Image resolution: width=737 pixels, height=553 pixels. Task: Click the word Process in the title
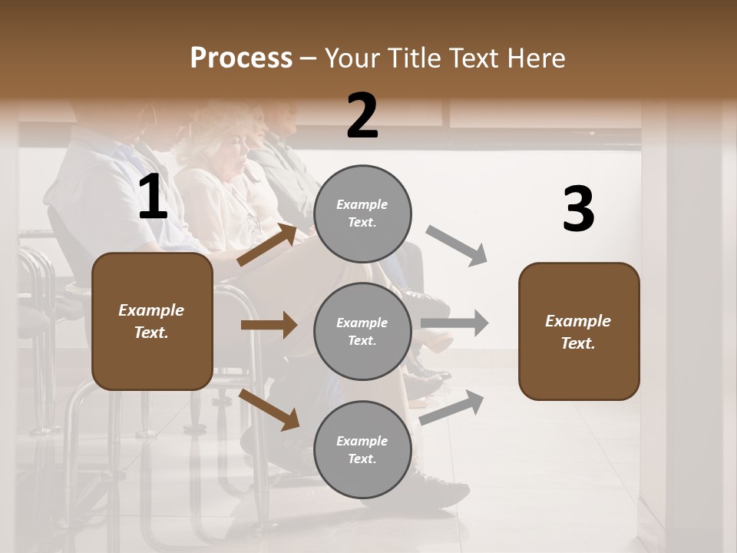(x=241, y=58)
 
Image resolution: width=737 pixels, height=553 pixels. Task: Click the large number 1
(x=152, y=198)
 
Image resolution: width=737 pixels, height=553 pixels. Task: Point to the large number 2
(x=362, y=116)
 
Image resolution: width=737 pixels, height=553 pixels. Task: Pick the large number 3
(x=578, y=210)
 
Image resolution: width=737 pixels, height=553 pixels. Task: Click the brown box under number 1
(x=152, y=321)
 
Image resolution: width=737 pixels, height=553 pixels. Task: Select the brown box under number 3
(x=579, y=331)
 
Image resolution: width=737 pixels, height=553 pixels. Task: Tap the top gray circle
(x=362, y=214)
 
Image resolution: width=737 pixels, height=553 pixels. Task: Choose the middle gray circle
(x=362, y=331)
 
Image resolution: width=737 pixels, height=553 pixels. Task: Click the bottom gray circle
(x=362, y=449)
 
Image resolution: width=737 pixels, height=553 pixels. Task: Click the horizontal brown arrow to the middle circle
(x=269, y=325)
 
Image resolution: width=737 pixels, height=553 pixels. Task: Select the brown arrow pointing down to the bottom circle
(x=269, y=410)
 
